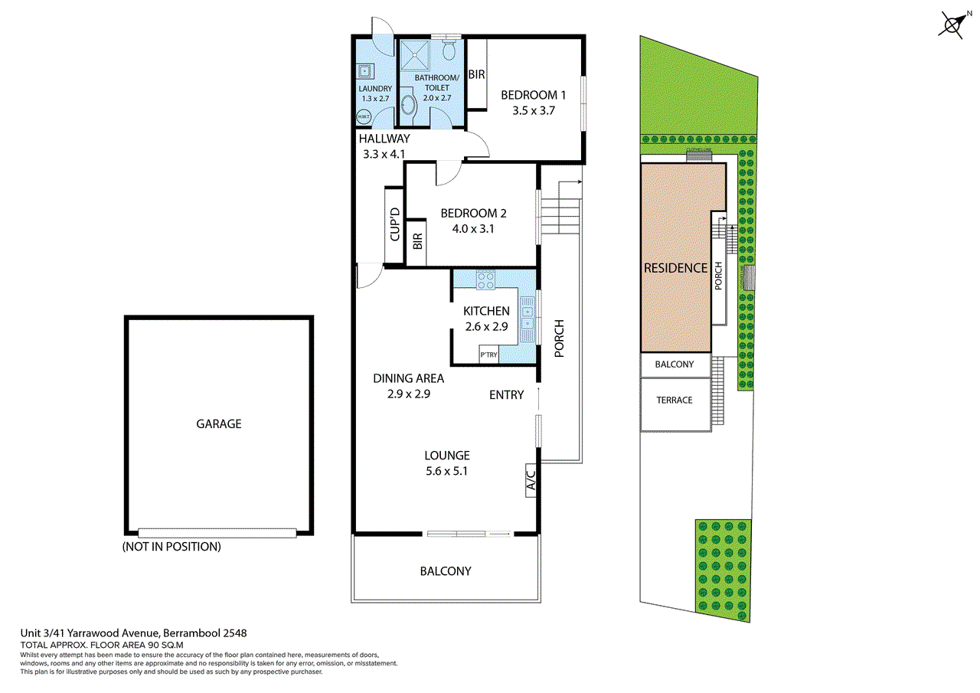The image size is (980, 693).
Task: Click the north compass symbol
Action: pos(953,25)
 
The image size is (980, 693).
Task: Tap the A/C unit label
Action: pos(530,481)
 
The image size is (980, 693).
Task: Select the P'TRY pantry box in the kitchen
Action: pos(488,355)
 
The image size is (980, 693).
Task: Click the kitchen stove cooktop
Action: pos(485,280)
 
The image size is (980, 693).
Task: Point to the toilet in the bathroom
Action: pos(450,51)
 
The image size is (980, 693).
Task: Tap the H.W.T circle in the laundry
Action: pos(364,117)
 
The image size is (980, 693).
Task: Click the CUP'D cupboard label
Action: pos(395,225)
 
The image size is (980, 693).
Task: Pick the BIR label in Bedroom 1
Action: pos(476,74)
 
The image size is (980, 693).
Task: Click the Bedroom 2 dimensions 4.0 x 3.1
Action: pos(472,228)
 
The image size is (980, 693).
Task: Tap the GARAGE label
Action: pos(218,423)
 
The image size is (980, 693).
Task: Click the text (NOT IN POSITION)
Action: pos(171,547)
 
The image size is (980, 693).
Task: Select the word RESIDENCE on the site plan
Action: pos(675,268)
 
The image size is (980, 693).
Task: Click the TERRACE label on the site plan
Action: pos(674,400)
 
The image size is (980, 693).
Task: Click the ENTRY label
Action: pos(507,395)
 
